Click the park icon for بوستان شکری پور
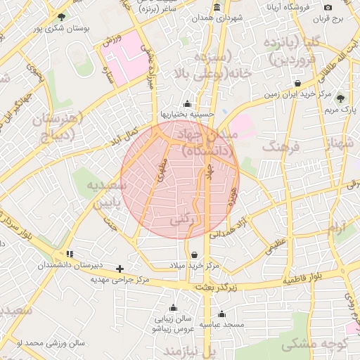click(62, 17)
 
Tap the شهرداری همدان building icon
click(216, 8)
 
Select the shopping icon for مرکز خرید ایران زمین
click(298, 84)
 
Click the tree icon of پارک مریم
click(341, 99)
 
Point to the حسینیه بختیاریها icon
click(186, 103)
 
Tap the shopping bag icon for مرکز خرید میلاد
click(194, 255)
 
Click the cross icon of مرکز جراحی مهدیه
click(120, 269)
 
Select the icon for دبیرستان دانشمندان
click(69, 254)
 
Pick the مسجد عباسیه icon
click(221, 314)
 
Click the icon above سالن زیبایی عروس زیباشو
click(173, 307)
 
